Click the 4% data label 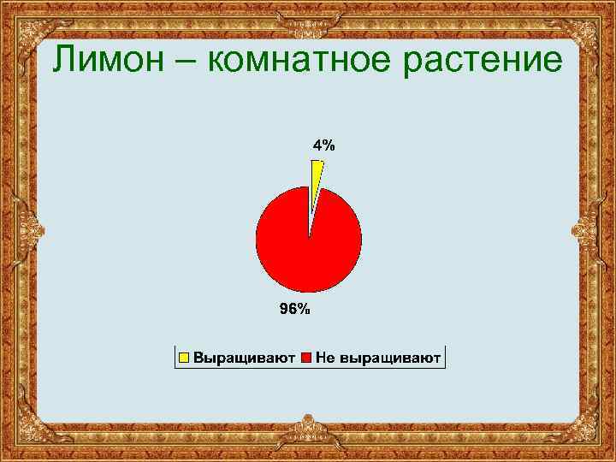point(323,145)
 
